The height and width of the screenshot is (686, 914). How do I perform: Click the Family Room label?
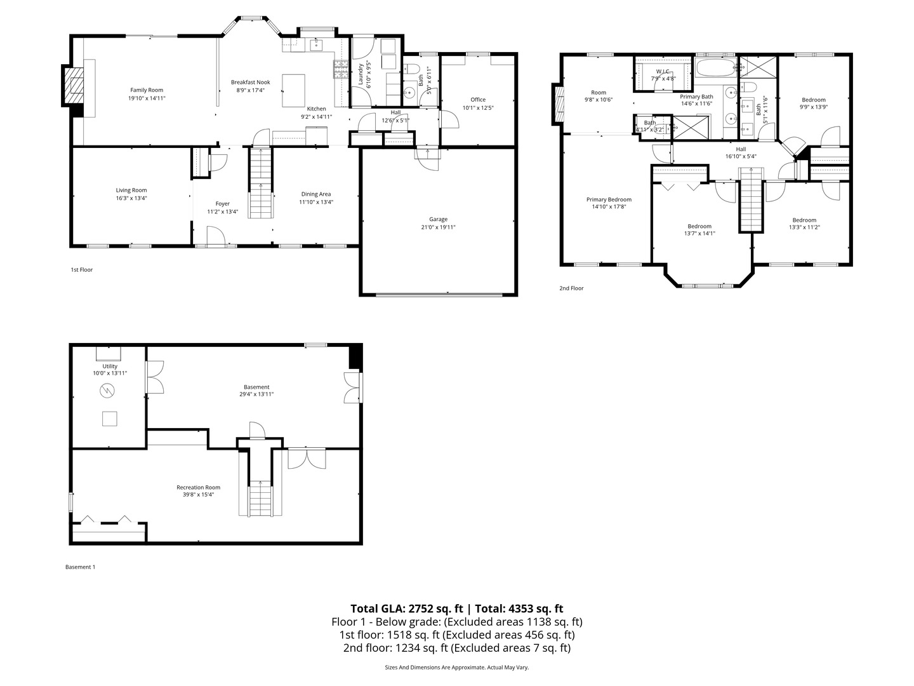point(147,90)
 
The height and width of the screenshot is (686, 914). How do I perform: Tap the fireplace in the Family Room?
point(74,86)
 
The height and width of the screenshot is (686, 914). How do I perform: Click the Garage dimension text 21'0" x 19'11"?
point(438,227)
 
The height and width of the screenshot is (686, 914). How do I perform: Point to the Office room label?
point(478,100)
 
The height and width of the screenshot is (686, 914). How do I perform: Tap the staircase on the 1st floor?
point(260,184)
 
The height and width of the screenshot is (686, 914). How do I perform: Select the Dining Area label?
point(315,194)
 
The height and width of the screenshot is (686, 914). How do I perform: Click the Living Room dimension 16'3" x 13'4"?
point(131,198)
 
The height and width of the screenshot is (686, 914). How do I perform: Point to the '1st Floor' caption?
point(81,270)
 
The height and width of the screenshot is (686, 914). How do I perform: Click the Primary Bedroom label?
point(609,199)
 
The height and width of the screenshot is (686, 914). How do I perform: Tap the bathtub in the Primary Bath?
point(714,67)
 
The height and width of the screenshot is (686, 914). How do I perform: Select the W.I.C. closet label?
point(663,71)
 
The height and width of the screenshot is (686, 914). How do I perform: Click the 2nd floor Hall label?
point(741,149)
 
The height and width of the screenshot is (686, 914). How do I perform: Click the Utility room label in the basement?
point(110,367)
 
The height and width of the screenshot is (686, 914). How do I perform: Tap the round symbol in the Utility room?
point(109,391)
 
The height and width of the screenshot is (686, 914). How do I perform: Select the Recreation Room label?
point(198,487)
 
